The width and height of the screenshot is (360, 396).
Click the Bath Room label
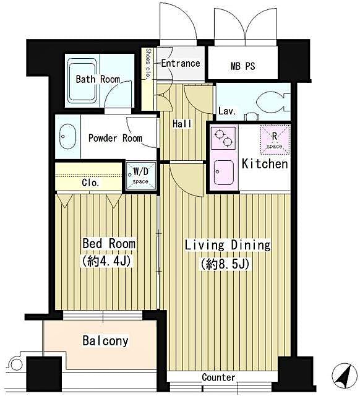point(98,79)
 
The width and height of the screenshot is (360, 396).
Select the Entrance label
point(180,63)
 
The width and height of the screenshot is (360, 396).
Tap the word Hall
point(181,124)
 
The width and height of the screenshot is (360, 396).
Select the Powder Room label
point(114,138)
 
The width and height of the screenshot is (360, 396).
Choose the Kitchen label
point(265,164)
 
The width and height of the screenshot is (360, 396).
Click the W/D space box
point(140,174)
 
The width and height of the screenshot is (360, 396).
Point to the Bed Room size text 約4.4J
point(108,261)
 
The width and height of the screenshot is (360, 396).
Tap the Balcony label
point(105,340)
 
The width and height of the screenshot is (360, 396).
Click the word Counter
point(218,377)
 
